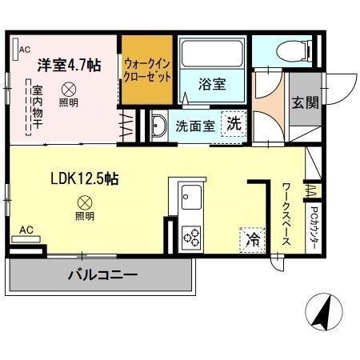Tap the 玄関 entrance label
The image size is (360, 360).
pyautogui.click(x=305, y=103)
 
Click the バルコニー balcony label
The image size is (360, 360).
pyautogui.click(x=102, y=275)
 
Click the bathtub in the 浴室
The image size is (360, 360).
pyautogui.click(x=211, y=54)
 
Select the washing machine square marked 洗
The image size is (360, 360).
pyautogui.click(x=234, y=124)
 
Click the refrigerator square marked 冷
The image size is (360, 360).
pyautogui.click(x=251, y=238)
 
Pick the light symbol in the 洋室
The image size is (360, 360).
pyautogui.click(x=69, y=89)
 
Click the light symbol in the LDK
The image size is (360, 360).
pyautogui.click(x=84, y=202)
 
